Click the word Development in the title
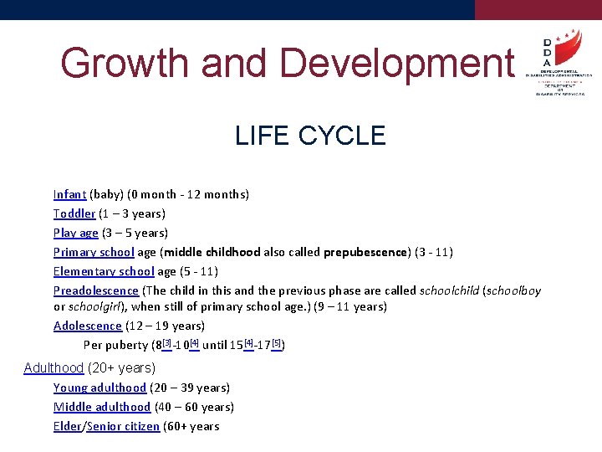[x=397, y=63]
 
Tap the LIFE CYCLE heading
[x=310, y=136]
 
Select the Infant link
[x=69, y=194]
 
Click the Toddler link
[x=74, y=213]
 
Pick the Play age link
[x=76, y=233]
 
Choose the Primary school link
[x=94, y=252]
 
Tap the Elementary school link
[x=104, y=271]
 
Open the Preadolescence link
[x=96, y=290]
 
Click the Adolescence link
[x=88, y=326]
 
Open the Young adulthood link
[x=99, y=388]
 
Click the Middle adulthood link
[x=102, y=407]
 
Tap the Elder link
[x=67, y=426]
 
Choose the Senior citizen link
[x=123, y=426]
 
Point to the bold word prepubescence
[x=365, y=252]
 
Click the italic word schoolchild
[x=449, y=290]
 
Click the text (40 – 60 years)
[x=194, y=407]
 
